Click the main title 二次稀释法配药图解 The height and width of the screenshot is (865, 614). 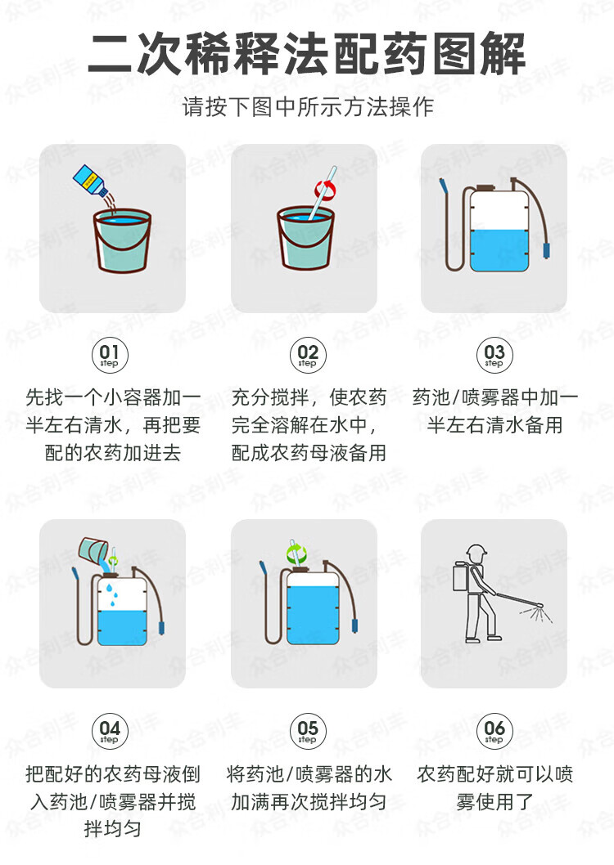coord(307,54)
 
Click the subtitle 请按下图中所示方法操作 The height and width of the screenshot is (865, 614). coord(308,106)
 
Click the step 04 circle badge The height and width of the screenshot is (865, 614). coord(110,731)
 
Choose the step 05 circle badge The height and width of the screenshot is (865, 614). coord(308,731)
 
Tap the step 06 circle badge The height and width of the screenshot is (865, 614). coord(494,731)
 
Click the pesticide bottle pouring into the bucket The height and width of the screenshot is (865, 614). coord(91,180)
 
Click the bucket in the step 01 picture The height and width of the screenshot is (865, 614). coord(122,241)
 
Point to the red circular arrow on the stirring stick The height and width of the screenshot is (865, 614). coord(326,190)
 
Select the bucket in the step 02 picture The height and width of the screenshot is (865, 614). coord(305,238)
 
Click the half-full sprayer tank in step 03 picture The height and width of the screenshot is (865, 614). coord(499,228)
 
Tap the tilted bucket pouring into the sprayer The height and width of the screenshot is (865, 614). coord(93,549)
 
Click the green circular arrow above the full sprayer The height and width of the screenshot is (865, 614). coord(296,552)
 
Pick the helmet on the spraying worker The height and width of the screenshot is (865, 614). coord(476,551)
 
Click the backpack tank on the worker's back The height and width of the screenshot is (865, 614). coord(461,577)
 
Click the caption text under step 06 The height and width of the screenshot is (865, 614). coord(494,788)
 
